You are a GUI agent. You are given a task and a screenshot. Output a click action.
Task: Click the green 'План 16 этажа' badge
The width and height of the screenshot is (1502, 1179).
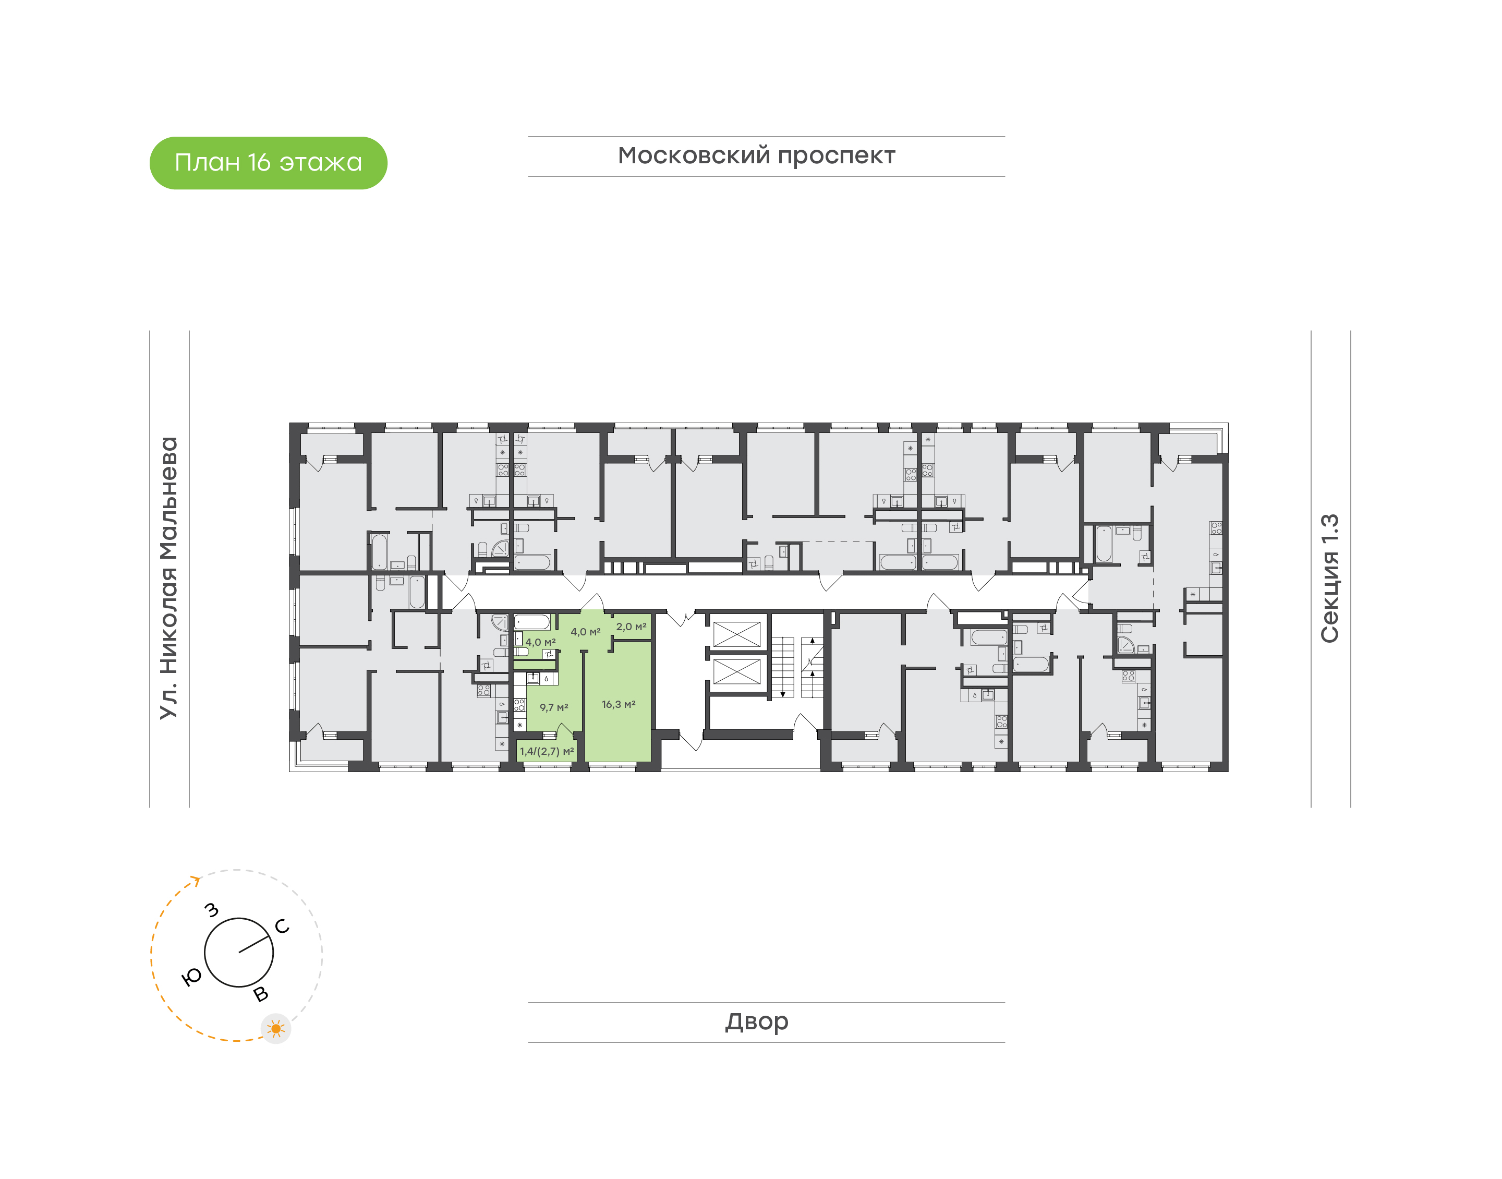click(269, 163)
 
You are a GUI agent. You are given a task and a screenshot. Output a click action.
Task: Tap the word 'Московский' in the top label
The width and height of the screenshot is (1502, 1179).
click(694, 155)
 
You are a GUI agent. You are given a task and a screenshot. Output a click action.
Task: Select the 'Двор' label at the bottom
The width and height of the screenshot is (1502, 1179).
click(757, 1021)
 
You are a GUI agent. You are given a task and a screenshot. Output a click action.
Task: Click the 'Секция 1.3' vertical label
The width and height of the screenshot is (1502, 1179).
click(1329, 579)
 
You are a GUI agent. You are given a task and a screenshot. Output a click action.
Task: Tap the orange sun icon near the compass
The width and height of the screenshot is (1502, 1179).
click(276, 1029)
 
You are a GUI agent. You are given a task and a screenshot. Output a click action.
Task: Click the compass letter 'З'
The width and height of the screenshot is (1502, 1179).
click(212, 910)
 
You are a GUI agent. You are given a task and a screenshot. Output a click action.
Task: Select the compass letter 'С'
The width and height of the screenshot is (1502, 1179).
click(282, 927)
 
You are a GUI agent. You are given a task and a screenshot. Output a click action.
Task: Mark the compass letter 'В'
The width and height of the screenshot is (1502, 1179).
click(261, 994)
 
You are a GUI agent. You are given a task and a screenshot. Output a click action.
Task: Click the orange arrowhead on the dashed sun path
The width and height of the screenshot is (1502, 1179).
click(196, 880)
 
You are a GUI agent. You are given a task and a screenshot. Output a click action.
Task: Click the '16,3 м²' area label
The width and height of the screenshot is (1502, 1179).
click(618, 704)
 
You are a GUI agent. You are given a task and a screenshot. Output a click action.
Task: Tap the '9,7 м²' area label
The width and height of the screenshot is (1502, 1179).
click(554, 707)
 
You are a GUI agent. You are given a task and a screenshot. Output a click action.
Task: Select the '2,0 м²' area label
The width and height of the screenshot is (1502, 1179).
click(631, 627)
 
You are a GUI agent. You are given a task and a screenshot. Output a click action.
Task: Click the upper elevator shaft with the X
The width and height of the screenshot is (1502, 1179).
click(736, 634)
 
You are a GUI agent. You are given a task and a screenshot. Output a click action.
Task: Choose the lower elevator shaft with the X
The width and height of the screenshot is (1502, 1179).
click(736, 671)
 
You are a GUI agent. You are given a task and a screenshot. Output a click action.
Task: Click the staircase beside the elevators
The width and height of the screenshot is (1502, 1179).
click(797, 667)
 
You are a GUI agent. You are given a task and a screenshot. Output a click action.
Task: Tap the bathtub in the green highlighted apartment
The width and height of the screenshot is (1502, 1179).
click(532, 622)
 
